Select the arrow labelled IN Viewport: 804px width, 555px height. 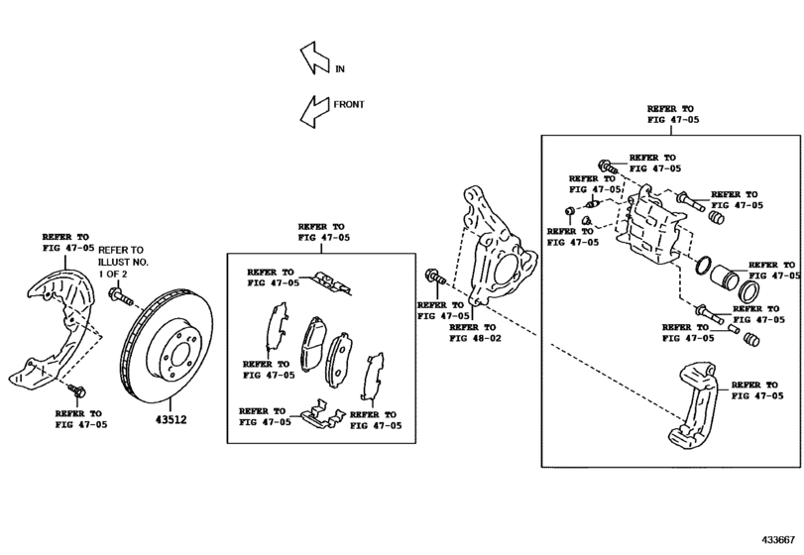click(311, 58)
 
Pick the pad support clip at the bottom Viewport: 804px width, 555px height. click(317, 412)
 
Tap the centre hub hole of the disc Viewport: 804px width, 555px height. click(175, 343)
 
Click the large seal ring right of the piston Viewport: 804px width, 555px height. click(747, 292)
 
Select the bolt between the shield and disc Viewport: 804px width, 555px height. click(117, 294)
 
